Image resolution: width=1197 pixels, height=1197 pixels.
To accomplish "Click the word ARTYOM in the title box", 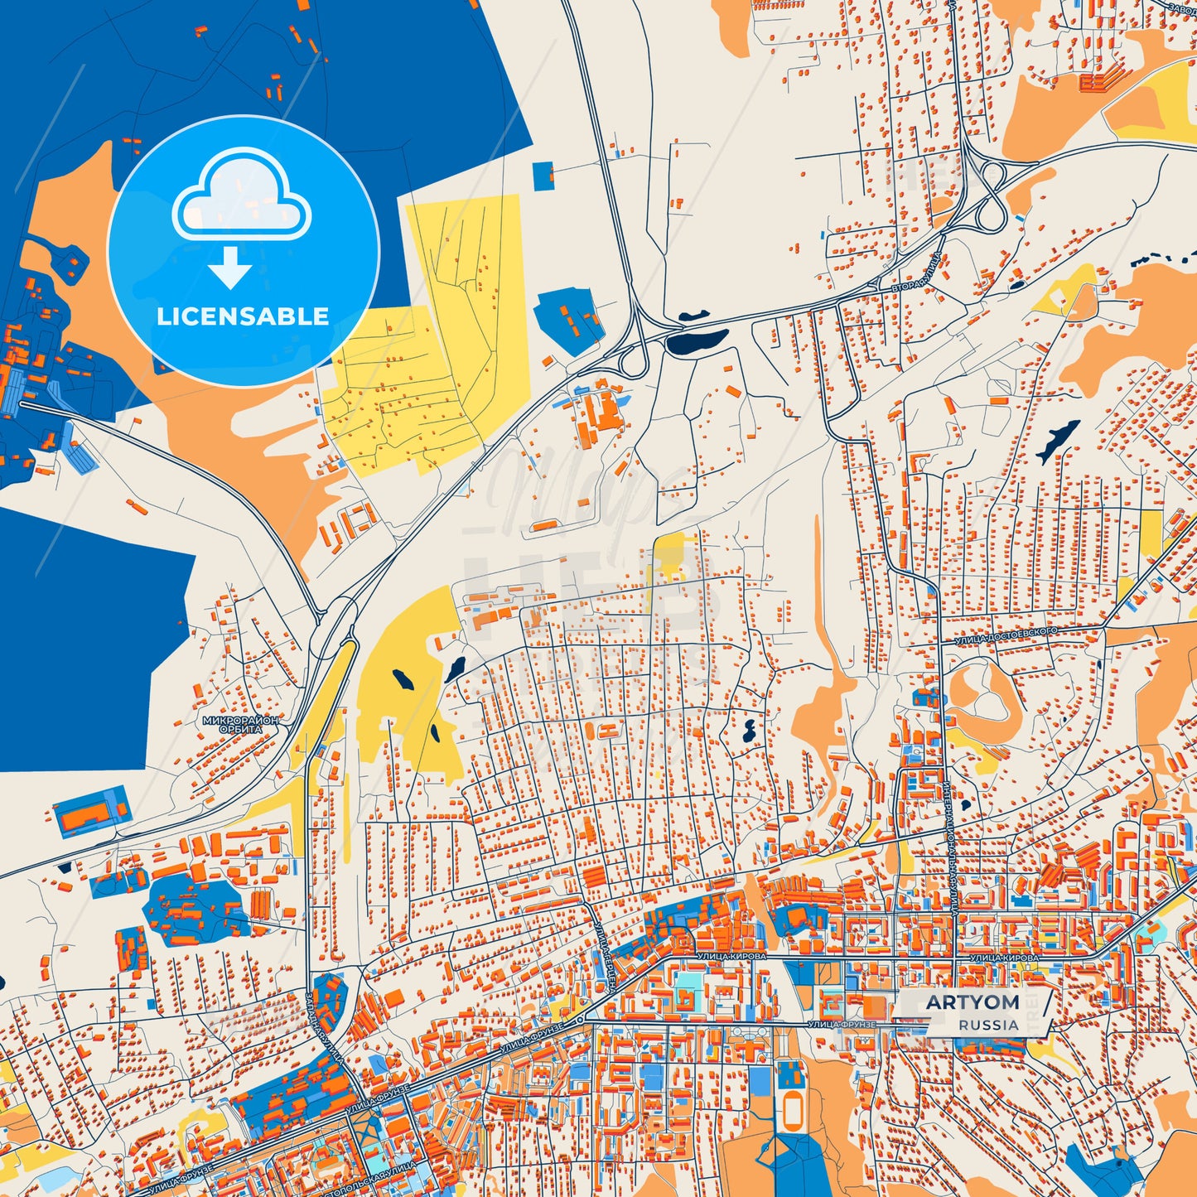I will (x=973, y=1002).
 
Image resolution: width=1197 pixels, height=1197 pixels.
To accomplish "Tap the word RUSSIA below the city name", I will (x=989, y=1025).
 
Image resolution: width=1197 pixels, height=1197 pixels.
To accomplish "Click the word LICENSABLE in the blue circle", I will (x=243, y=316).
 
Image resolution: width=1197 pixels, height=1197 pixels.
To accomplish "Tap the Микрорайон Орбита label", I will (x=240, y=725).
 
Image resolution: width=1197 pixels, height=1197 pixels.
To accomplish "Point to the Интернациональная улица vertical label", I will (x=949, y=837).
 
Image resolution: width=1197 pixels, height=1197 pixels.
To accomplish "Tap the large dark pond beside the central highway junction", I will (x=696, y=340).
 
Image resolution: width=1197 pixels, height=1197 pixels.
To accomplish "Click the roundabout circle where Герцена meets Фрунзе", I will (x=582, y=1018).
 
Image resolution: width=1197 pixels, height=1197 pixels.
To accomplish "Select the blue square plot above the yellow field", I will (x=543, y=174).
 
